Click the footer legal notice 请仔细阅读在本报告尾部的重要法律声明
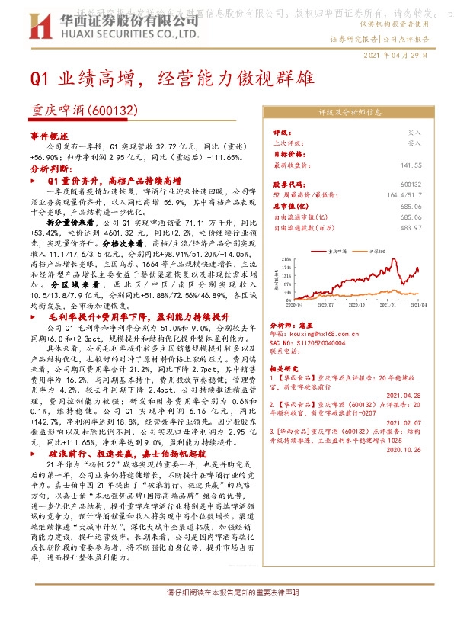coord(227,592)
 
